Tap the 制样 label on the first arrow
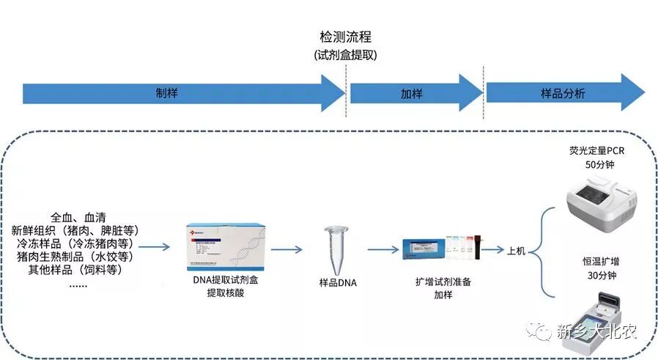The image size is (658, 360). tap(167, 94)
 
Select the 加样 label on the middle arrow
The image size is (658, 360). tap(411, 94)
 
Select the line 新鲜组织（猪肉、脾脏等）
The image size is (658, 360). tap(81, 230)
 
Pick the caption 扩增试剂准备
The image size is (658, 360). tap(443, 281)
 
